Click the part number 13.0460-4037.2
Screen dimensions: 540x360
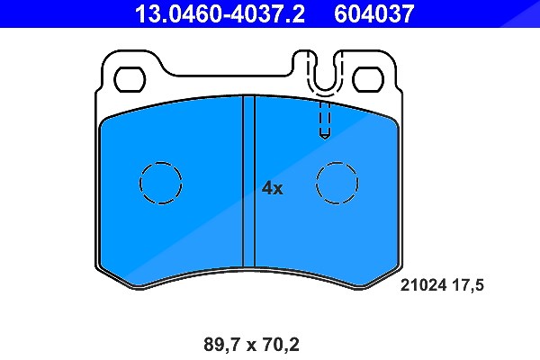(220, 13)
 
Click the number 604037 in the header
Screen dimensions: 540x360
(374, 13)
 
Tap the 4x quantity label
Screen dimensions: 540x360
(272, 188)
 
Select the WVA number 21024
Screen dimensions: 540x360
(423, 285)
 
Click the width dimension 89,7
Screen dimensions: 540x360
(222, 345)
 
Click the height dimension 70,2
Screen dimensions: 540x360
(280, 345)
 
